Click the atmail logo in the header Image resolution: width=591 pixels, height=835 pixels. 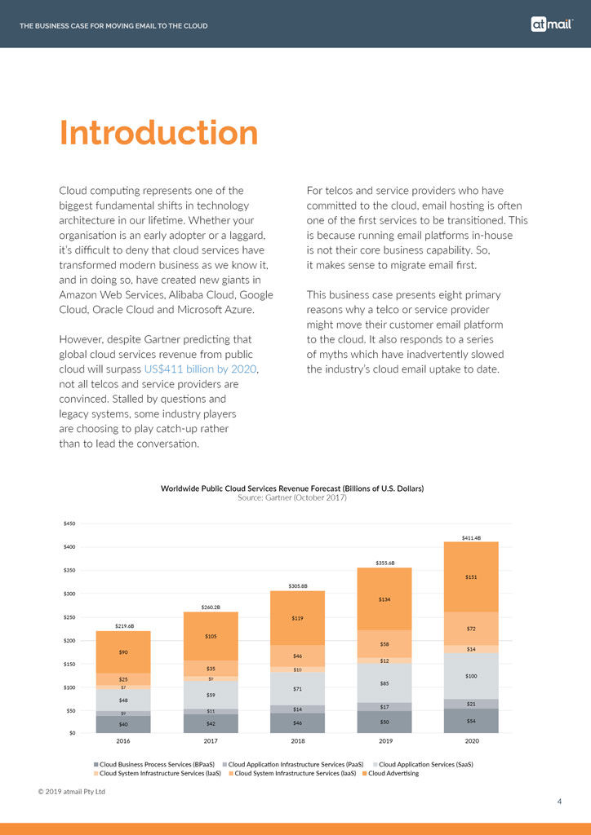[x=552, y=24]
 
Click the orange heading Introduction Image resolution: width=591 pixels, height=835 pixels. [x=159, y=133]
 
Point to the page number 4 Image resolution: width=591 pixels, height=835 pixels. [x=559, y=802]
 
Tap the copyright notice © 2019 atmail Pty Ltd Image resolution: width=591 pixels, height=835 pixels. [x=72, y=791]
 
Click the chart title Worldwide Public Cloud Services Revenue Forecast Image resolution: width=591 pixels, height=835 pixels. [x=291, y=488]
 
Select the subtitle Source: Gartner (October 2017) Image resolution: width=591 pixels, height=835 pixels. [x=291, y=497]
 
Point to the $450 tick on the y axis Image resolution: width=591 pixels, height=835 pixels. [x=70, y=524]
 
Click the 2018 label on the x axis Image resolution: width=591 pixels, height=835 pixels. [x=297, y=742]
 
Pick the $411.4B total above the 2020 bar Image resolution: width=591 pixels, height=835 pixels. [x=471, y=538]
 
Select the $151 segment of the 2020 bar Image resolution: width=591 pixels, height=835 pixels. [x=471, y=577]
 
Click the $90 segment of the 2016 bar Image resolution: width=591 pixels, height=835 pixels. [x=123, y=652]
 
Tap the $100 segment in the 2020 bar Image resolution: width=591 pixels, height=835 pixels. [x=471, y=676]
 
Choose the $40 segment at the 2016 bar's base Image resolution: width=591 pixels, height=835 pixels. [x=123, y=724]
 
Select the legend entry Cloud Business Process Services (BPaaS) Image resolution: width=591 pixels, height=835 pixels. [x=155, y=764]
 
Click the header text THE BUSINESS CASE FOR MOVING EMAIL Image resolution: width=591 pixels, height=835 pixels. [x=113, y=26]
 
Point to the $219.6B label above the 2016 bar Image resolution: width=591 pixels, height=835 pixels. [x=123, y=625]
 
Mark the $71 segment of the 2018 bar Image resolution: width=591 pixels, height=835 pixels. [x=297, y=688]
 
